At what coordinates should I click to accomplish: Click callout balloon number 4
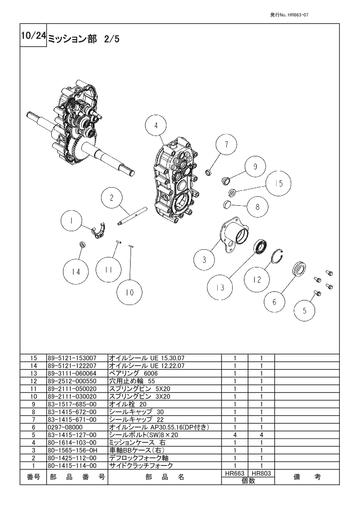pyautogui.click(x=156, y=125)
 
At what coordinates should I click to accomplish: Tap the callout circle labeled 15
pyautogui.click(x=278, y=184)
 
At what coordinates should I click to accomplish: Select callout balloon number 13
pyautogui.click(x=220, y=287)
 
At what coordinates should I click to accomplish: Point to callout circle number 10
pyautogui.click(x=130, y=292)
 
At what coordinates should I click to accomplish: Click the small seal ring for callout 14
pyautogui.click(x=83, y=244)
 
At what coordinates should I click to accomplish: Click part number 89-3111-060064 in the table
pyautogui.click(x=72, y=373)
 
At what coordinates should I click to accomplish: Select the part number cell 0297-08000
pyautogui.click(x=65, y=427)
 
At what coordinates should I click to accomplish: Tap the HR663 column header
pyautogui.click(x=235, y=473)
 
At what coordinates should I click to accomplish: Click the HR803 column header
pyautogui.click(x=261, y=473)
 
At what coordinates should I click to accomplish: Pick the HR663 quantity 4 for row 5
pyautogui.click(x=235, y=435)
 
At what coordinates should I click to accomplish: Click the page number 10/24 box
pyautogui.click(x=34, y=35)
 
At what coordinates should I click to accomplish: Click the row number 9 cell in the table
pyautogui.click(x=34, y=404)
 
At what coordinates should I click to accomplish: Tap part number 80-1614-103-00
pyautogui.click(x=72, y=442)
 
